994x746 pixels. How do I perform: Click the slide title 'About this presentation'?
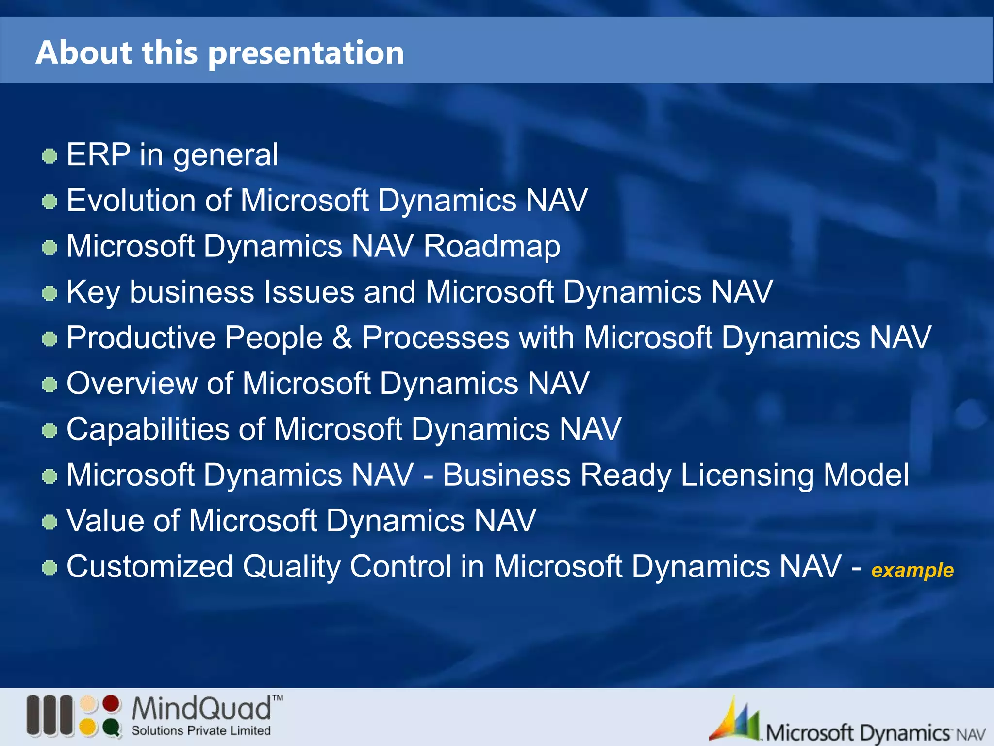pyautogui.click(x=220, y=52)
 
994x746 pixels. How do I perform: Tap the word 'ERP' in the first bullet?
pyautogui.click(x=99, y=155)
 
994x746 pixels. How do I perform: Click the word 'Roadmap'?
pyautogui.click(x=492, y=246)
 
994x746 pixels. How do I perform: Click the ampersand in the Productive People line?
pyautogui.click(x=342, y=338)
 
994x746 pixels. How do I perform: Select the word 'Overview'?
pyautogui.click(x=132, y=383)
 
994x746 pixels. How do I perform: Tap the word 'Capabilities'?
pyautogui.click(x=148, y=429)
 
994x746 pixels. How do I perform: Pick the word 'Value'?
pyautogui.click(x=105, y=521)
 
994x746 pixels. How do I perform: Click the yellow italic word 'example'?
pyautogui.click(x=912, y=570)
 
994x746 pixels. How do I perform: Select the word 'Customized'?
pyautogui.click(x=149, y=566)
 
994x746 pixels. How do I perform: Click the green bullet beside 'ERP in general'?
pyautogui.click(x=50, y=156)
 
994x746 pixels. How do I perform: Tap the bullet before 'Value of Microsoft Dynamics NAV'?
pyautogui.click(x=50, y=523)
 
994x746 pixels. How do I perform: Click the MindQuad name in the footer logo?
pyautogui.click(x=201, y=709)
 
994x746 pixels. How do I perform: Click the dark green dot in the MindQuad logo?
pyautogui.click(x=111, y=727)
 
